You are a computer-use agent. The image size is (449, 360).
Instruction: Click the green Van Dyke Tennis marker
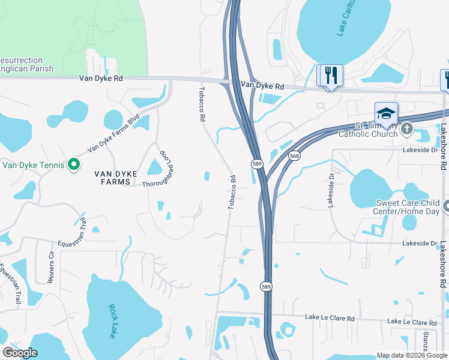[74, 164]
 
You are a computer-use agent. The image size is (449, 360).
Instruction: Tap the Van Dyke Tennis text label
[34, 164]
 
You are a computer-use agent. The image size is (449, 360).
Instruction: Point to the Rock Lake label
[112, 322]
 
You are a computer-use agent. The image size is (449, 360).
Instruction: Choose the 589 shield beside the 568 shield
[256, 163]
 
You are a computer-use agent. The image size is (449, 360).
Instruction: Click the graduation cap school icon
[386, 113]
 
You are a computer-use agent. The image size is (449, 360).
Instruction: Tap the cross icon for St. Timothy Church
[407, 128]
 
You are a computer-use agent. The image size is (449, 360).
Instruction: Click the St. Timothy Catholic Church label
[376, 130]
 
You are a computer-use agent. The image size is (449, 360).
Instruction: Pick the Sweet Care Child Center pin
[445, 208]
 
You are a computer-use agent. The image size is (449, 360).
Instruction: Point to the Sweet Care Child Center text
[408, 208]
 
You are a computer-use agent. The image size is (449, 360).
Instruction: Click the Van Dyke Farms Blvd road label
[113, 133]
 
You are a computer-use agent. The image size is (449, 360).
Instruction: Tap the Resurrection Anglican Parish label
[26, 65]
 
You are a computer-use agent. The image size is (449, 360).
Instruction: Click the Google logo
[20, 353]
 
